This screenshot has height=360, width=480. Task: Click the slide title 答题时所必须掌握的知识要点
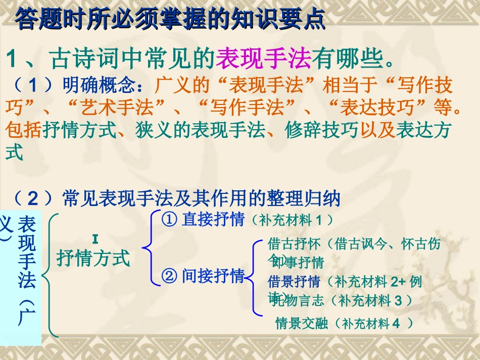[170, 20]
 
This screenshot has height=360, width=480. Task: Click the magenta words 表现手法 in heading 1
[263, 60]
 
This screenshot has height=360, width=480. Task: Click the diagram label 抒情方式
[93, 258]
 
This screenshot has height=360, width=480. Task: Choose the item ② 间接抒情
[203, 276]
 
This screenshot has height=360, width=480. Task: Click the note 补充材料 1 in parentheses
[291, 220]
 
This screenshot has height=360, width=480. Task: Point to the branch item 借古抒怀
[294, 245]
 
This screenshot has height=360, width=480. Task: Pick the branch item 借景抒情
[294, 281]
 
